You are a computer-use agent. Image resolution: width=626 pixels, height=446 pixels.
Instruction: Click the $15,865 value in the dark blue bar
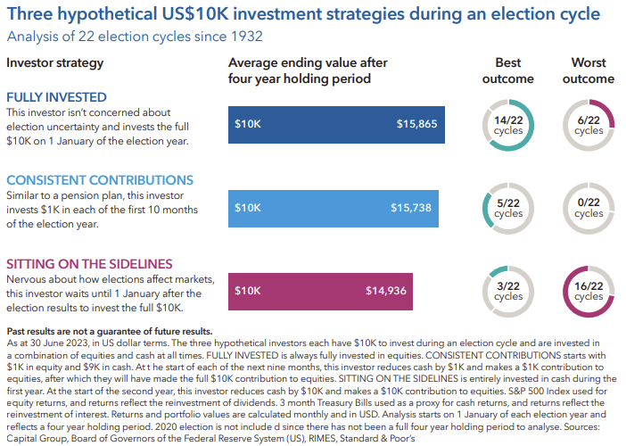(x=417, y=124)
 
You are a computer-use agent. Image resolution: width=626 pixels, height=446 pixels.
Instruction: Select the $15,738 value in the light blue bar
(x=411, y=208)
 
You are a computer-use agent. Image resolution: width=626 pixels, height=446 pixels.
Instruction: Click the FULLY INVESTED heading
(x=56, y=97)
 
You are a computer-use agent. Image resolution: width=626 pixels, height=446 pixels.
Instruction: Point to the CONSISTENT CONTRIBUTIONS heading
(x=100, y=180)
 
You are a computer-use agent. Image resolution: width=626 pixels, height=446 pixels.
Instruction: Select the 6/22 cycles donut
(x=589, y=125)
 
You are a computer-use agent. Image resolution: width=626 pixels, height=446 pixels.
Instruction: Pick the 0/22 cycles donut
(x=589, y=208)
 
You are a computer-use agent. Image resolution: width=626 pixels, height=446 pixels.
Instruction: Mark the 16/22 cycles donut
(x=589, y=291)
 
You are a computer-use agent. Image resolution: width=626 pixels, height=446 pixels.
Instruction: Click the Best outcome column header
(x=515, y=70)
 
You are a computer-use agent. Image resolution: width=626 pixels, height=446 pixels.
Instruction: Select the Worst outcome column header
(x=589, y=70)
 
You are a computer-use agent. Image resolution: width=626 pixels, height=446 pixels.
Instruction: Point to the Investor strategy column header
(x=55, y=63)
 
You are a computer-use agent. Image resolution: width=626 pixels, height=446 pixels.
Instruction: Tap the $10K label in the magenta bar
(x=247, y=291)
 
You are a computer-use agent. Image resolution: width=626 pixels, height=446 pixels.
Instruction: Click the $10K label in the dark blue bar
(x=247, y=124)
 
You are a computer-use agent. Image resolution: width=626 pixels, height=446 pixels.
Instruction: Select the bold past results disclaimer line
(x=109, y=331)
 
